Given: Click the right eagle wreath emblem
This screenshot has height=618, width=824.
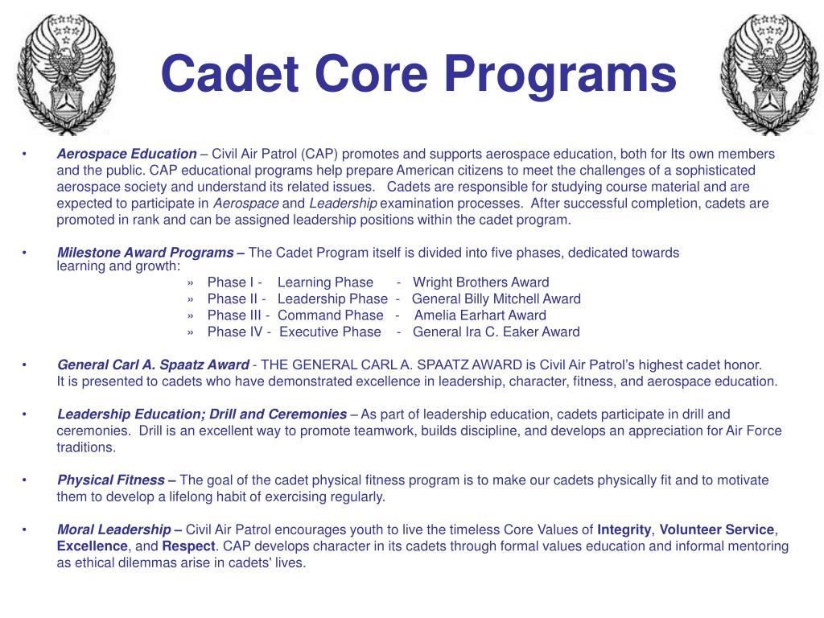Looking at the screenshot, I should point(760,74).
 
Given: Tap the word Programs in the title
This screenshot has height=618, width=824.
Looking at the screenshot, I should point(559,73).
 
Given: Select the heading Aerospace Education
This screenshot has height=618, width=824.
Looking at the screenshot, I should point(126,154).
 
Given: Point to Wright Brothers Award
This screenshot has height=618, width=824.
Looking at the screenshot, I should point(480,282).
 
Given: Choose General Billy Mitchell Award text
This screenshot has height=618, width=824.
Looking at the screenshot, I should point(496,299).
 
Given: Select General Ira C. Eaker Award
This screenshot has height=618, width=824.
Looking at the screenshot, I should point(496,332).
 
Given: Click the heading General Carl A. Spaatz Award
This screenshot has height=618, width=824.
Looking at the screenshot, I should point(153,365).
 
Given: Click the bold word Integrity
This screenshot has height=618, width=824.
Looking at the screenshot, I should point(624,529).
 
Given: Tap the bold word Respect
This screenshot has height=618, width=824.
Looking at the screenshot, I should point(188,546).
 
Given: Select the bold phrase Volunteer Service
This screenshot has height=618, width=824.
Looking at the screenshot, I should point(717,529).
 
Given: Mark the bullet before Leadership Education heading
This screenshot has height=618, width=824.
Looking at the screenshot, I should point(25,414).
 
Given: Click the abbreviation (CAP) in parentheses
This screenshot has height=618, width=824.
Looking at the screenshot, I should point(322,154).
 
